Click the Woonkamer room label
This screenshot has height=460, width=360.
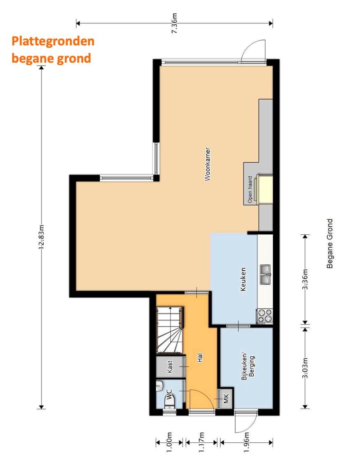coord(208,164)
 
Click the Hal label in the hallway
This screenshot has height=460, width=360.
coord(201,359)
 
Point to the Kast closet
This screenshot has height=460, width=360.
coord(170,367)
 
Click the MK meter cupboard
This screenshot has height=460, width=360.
coord(226,399)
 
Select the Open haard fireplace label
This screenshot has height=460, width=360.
coord(250,190)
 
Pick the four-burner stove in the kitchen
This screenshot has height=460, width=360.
coord(264,316)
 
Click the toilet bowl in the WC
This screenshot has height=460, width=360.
coord(169,402)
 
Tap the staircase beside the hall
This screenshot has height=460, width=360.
coord(169,330)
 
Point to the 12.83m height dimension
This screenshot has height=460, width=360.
coord(41,238)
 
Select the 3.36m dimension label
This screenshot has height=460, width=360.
coord(305,280)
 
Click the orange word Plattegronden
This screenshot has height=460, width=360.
coord(53,41)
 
